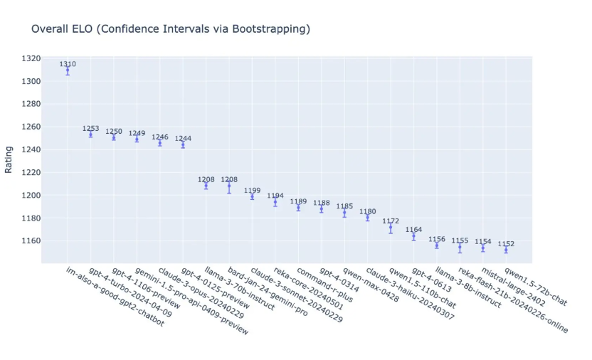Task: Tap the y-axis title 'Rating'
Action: tap(9, 159)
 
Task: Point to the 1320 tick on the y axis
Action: tap(31, 58)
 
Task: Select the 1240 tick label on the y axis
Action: tap(31, 149)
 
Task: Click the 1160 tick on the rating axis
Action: tap(31, 240)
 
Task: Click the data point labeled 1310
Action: tap(68, 70)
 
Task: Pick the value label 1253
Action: tap(90, 129)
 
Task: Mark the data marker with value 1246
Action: tap(160, 142)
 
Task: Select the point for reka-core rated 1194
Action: tap(275, 202)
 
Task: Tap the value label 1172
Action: tap(391, 221)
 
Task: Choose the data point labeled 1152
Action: tap(506, 250)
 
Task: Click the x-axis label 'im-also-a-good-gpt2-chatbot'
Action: tap(114, 297)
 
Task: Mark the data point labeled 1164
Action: tap(413, 236)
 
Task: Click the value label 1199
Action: tap(252, 191)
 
